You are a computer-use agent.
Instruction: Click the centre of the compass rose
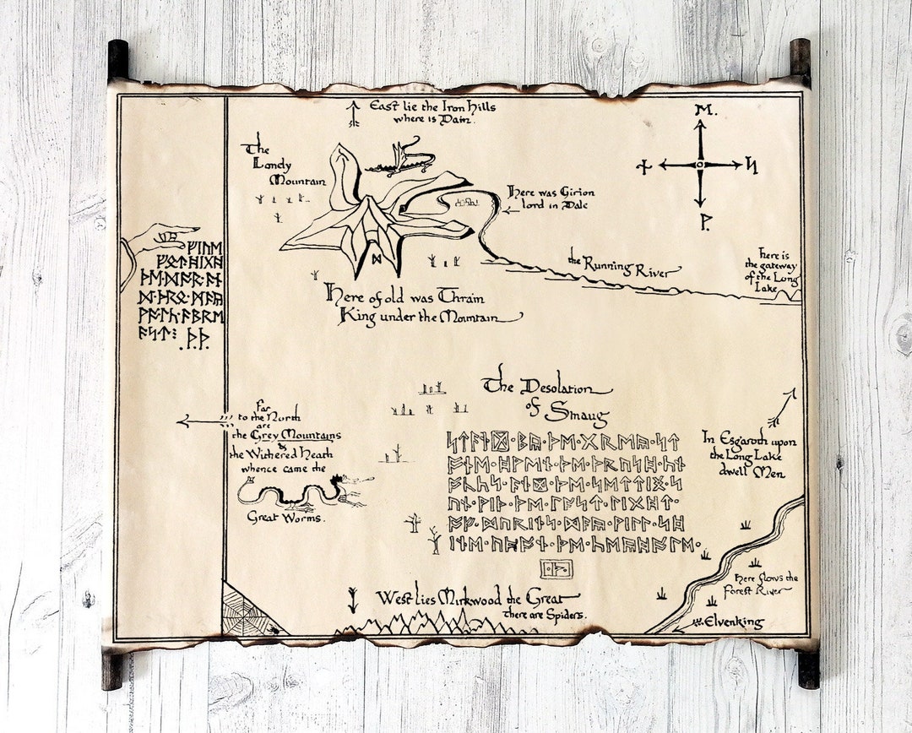[x=699, y=164]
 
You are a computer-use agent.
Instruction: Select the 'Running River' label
[x=624, y=266]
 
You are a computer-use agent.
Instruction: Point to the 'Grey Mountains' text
[x=286, y=436]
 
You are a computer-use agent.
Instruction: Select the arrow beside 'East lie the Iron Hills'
[x=354, y=113]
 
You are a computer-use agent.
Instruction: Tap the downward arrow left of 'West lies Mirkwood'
[x=352, y=600]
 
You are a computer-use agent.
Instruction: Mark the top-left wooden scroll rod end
[x=117, y=59]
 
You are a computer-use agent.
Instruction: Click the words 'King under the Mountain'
[x=429, y=317]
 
